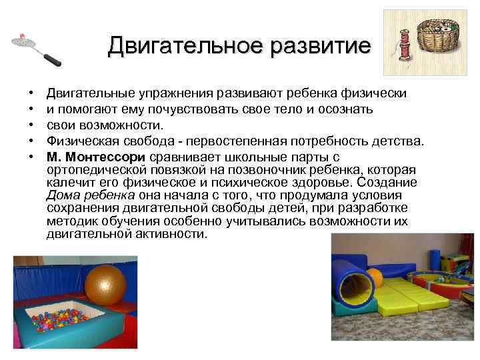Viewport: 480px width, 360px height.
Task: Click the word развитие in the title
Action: [x=319, y=46]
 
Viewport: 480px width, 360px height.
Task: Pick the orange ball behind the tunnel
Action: [x=376, y=276]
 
